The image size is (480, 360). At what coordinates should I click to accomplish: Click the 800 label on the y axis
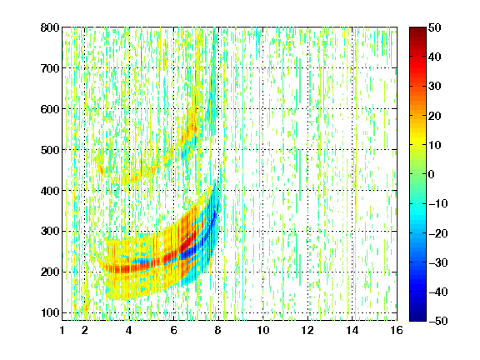click(x=50, y=27)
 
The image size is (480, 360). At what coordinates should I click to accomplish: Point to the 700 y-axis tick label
click(x=50, y=68)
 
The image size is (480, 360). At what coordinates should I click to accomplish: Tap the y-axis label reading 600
click(x=50, y=109)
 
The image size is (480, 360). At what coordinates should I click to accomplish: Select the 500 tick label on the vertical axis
click(x=50, y=150)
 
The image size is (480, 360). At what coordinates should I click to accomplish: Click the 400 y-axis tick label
click(x=50, y=191)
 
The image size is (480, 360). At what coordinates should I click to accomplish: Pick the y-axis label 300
click(x=50, y=231)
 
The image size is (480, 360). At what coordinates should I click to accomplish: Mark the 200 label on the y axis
click(x=50, y=272)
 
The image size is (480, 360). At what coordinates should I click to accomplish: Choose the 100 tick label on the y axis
click(x=50, y=312)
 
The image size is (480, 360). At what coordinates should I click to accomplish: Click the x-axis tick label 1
click(x=62, y=330)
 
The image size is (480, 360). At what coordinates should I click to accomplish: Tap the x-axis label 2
click(x=85, y=330)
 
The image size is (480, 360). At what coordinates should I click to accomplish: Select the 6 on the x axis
click(x=173, y=330)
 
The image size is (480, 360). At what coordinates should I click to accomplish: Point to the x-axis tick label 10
click(x=263, y=330)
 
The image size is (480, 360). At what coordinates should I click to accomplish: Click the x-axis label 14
click(x=352, y=330)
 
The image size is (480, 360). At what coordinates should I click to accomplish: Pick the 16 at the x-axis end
click(x=397, y=330)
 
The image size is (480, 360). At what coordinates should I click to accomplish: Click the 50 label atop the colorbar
click(x=435, y=27)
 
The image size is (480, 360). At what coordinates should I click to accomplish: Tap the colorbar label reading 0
click(x=432, y=174)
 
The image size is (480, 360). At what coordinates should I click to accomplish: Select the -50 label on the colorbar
click(x=438, y=321)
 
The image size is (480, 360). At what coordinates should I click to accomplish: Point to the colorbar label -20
click(x=438, y=233)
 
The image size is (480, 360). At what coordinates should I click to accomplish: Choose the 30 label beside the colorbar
click(x=435, y=86)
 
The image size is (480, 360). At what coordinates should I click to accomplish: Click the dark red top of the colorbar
click(x=417, y=31)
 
